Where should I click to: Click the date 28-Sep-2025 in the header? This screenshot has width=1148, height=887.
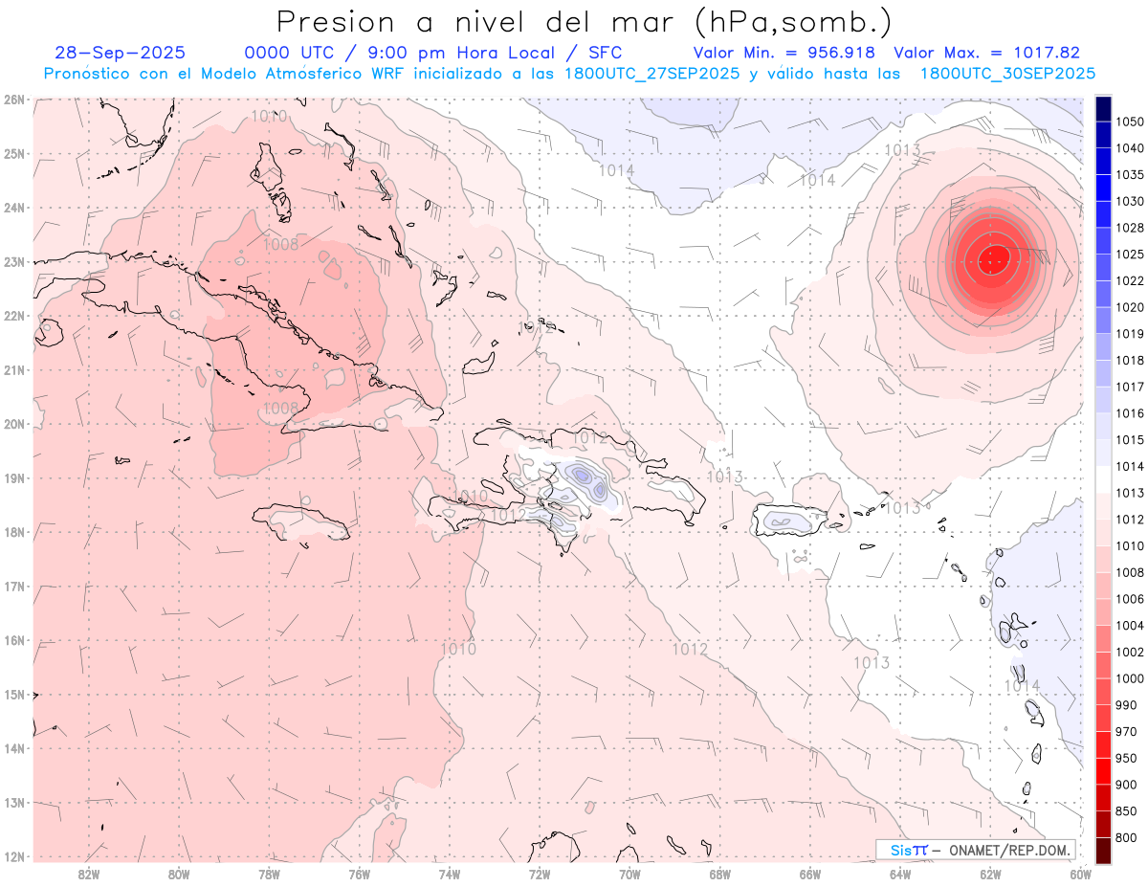coord(121,53)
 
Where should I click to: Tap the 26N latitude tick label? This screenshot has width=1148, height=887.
coord(14,100)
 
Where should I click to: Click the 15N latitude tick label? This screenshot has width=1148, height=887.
coord(14,695)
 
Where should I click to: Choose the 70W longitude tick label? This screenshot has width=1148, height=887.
coord(629,874)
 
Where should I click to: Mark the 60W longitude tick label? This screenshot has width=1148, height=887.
coord(1080,874)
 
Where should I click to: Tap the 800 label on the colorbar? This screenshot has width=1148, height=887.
coord(1126,838)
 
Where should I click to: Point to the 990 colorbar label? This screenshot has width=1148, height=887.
coord(1126,705)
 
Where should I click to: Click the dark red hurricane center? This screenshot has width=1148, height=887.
coord(995,256)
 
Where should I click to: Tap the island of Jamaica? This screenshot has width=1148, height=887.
coord(301,522)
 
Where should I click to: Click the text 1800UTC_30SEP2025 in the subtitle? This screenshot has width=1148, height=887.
coord(1007,74)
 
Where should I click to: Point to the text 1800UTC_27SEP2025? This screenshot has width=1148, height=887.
coord(651,74)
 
